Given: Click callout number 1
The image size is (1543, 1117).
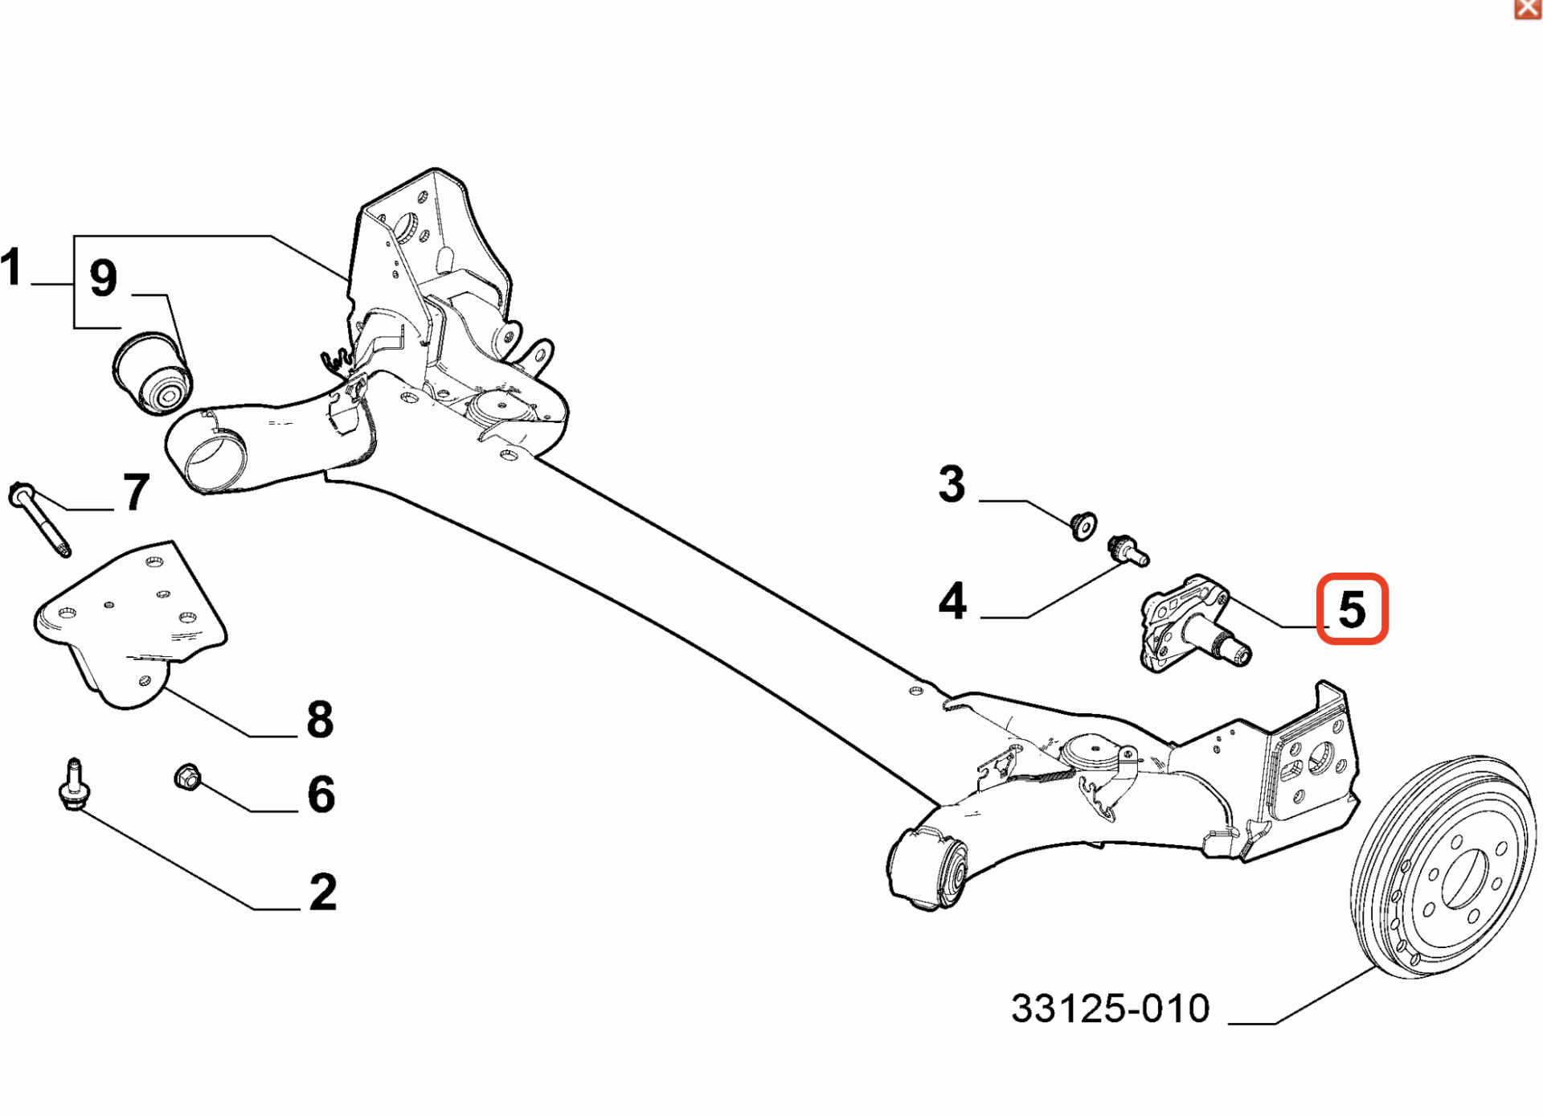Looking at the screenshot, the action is [x=10, y=267].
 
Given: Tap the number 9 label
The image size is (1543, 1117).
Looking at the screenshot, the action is [x=103, y=278].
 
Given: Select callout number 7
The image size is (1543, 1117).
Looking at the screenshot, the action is [x=136, y=491].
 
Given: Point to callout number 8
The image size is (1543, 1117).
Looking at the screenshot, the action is [x=320, y=719].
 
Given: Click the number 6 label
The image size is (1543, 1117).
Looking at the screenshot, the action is [x=321, y=795].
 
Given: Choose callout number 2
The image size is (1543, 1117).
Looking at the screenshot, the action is [x=323, y=892].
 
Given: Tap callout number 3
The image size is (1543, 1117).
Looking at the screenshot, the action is [x=952, y=484].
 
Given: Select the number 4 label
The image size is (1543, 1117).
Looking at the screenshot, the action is [x=952, y=601].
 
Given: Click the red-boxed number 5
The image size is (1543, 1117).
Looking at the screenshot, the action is [x=1353, y=609].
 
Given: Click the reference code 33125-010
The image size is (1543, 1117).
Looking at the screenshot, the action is [x=1110, y=1008].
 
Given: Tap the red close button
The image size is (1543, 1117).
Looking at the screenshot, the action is [x=1528, y=8].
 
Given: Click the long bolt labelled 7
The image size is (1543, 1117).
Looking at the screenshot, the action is [x=39, y=518].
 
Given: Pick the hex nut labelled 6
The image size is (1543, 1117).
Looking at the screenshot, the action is [x=187, y=777].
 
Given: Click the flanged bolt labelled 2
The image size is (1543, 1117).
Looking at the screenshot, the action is [x=74, y=784].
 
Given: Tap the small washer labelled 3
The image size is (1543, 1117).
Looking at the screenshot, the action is [x=1084, y=526].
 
